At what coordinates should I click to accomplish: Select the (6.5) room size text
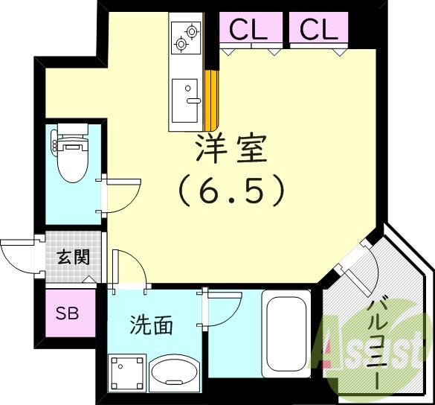(231, 191)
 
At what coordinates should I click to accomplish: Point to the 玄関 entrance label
(74, 258)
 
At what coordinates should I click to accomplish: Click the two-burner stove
(186, 38)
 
